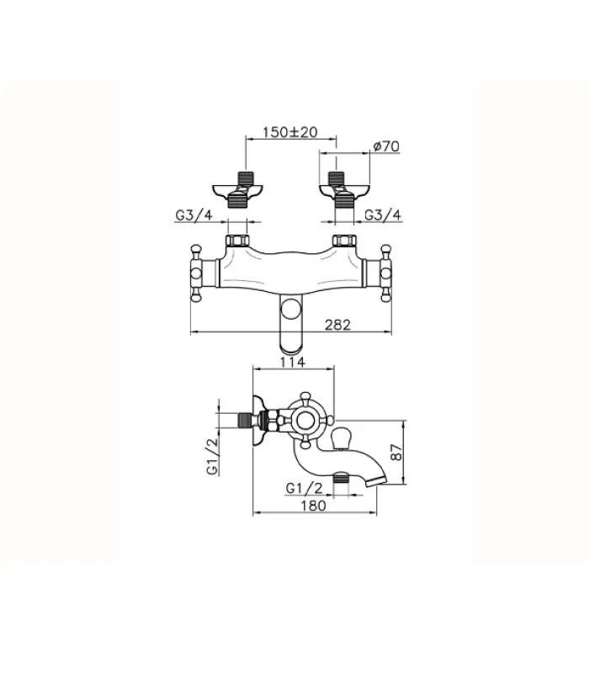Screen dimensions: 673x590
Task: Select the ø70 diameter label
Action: click(386, 146)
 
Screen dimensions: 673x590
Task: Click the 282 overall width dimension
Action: click(338, 324)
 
